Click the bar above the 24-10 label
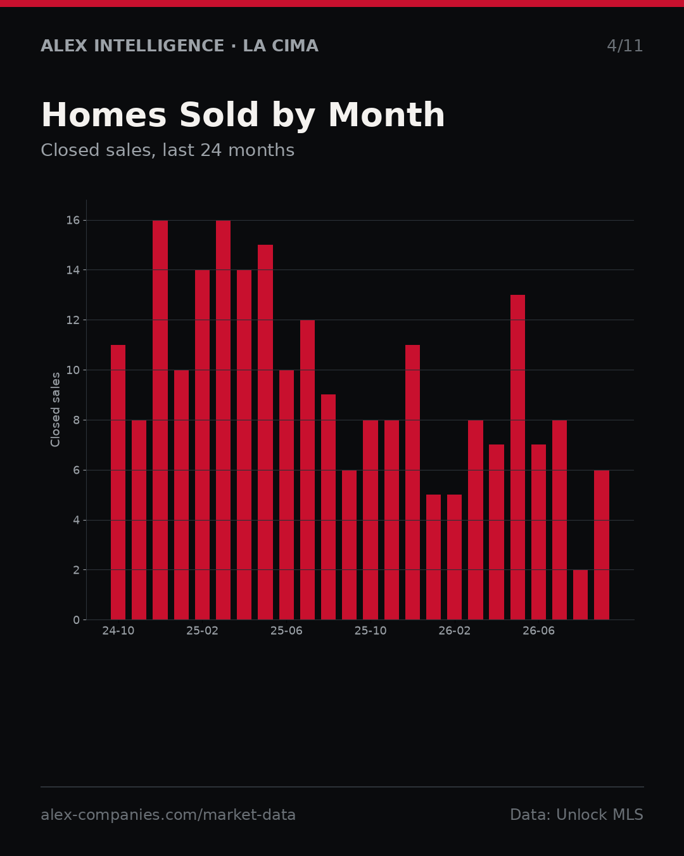click(118, 482)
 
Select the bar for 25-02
click(202, 444)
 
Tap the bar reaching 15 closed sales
click(265, 432)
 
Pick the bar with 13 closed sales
click(517, 457)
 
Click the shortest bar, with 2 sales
click(580, 595)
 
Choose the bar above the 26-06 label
click(538, 532)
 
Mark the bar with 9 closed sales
click(328, 507)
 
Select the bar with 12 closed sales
click(307, 470)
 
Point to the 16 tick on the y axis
click(73, 221)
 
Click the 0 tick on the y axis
click(76, 620)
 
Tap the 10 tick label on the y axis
click(73, 370)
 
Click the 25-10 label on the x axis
click(370, 631)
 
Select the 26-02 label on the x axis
click(454, 631)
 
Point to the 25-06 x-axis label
click(286, 631)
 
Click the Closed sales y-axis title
click(55, 410)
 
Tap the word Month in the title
click(386, 115)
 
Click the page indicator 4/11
click(624, 46)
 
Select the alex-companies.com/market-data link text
click(168, 815)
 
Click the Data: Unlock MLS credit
click(577, 815)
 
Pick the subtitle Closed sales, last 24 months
click(168, 150)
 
